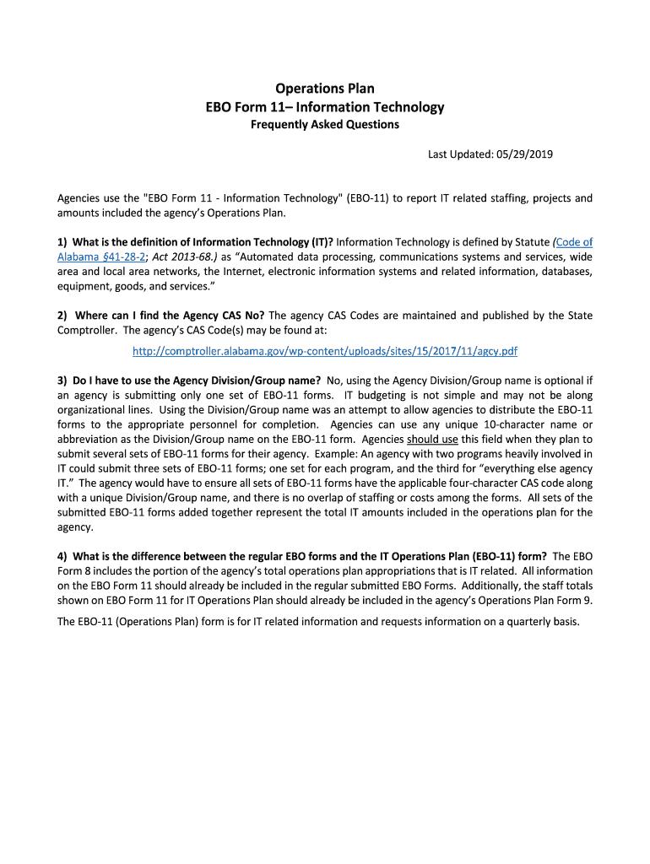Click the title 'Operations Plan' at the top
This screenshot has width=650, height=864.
325,89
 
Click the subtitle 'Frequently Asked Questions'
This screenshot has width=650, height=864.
325,125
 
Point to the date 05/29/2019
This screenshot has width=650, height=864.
524,154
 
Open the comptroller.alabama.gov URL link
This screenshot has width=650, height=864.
325,350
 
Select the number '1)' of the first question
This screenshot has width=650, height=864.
62,242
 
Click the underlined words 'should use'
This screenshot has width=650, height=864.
432,440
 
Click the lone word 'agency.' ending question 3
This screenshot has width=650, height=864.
76,527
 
